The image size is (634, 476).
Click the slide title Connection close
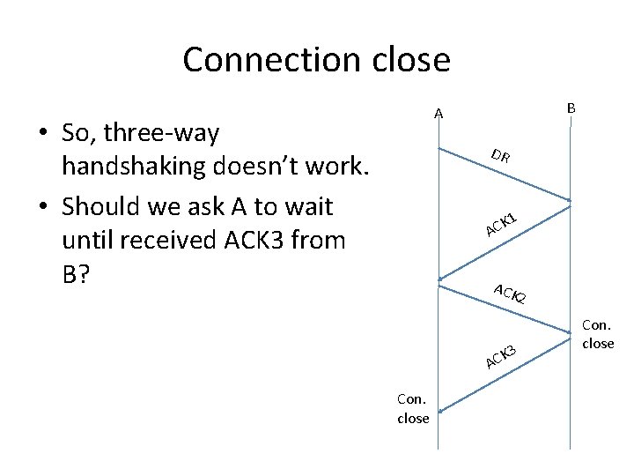click(x=316, y=59)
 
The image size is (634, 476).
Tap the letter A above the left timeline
click(x=438, y=113)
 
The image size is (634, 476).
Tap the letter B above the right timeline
click(x=571, y=108)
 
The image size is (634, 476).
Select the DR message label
click(x=501, y=158)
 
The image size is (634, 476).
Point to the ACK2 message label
click(x=510, y=294)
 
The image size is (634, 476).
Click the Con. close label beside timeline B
click(x=598, y=335)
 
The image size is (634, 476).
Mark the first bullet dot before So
click(x=41, y=135)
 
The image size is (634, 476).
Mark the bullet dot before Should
click(x=41, y=208)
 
